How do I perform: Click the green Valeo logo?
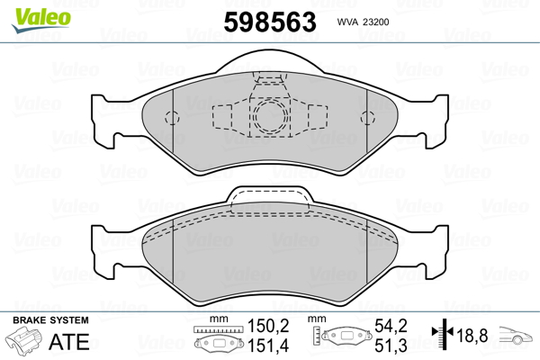[x=41, y=20]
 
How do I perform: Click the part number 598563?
[x=270, y=22]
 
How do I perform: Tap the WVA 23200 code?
[x=363, y=22]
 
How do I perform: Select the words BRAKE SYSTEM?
[x=50, y=320]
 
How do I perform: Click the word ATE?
[x=69, y=341]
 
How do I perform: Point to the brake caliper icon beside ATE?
[x=24, y=340]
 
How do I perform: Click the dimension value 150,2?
[x=268, y=326]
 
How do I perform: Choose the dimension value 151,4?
[x=268, y=346]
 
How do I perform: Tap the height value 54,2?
[x=391, y=326]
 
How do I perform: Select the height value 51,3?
[x=391, y=346]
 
